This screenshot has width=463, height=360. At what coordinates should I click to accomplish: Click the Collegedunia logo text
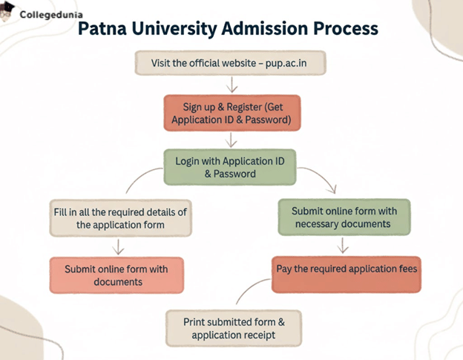51,14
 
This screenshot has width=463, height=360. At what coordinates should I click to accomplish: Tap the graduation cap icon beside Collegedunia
7,11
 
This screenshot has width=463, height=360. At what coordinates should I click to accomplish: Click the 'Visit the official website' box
230,63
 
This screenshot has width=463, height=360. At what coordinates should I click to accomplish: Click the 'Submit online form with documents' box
116,275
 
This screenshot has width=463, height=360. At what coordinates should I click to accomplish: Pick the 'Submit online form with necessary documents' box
344,217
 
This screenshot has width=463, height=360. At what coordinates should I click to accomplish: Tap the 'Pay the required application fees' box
347,269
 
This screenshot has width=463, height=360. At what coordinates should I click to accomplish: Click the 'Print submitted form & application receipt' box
234,328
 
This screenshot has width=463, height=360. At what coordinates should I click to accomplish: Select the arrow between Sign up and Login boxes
231,140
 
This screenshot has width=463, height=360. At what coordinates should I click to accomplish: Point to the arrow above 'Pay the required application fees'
343,245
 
